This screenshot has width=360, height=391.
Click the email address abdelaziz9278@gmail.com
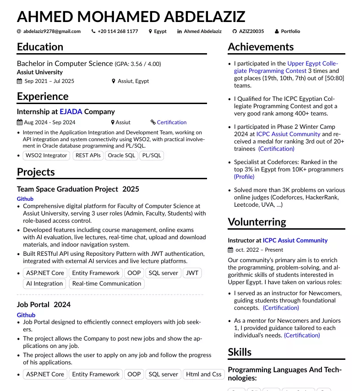(52, 32)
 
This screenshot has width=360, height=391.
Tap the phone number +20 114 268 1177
(118, 32)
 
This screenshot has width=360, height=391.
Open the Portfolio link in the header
(290, 32)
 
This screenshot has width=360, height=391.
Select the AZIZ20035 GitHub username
(251, 32)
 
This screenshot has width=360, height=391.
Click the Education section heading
(40, 47)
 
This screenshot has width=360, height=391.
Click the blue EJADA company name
(71, 111)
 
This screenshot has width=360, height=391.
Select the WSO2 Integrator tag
(46, 155)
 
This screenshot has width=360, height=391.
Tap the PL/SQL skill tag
(152, 155)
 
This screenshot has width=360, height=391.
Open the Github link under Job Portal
(26, 315)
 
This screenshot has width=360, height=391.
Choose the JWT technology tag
(192, 273)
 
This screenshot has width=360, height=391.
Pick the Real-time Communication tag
(107, 283)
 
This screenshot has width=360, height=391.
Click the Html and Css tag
(204, 374)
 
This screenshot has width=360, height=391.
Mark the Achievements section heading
(261, 47)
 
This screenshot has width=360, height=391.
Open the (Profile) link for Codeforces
(244, 176)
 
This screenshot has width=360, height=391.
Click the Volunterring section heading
(257, 222)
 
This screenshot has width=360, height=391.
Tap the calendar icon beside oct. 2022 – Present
(230, 250)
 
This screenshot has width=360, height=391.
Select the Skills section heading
(240, 352)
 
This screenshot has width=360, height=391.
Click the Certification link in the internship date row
(171, 122)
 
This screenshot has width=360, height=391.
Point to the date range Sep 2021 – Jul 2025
(49, 81)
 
